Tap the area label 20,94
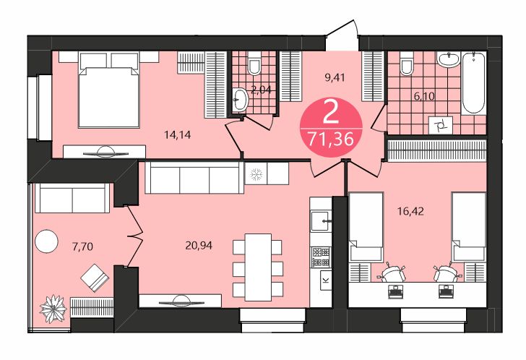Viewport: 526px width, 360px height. tap(200, 245)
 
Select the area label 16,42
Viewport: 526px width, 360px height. tap(409, 212)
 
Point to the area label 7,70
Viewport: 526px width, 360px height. tap(83, 246)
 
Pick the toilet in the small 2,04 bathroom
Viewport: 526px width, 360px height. tap(254, 67)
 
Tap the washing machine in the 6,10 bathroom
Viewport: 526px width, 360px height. tap(440, 126)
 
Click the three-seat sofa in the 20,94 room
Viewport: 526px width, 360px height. tap(192, 178)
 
